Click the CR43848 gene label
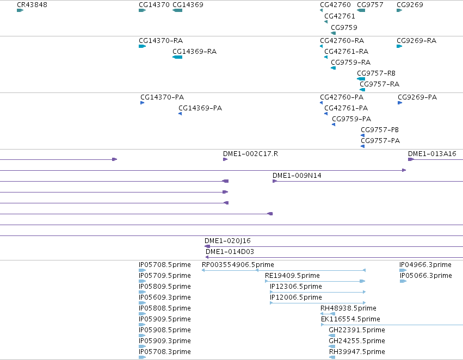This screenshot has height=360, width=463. (x=32, y=5)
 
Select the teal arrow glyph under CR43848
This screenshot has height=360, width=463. (x=20, y=10)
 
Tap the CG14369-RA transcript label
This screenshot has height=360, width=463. (x=194, y=51)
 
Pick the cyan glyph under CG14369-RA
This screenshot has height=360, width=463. (x=177, y=57)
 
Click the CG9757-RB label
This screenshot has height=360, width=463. (x=376, y=73)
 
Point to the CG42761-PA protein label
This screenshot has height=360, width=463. (x=346, y=108)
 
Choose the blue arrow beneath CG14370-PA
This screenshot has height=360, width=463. (x=143, y=103)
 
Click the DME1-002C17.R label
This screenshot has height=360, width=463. (x=250, y=154)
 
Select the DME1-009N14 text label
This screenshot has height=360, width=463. (x=297, y=176)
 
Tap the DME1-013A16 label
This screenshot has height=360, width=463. (x=432, y=154)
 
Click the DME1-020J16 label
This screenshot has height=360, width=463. (x=227, y=241)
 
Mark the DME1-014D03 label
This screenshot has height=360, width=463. (x=230, y=252)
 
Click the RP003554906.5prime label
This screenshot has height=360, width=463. (x=238, y=265)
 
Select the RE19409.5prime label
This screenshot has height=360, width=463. (x=292, y=276)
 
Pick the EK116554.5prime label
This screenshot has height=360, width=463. (x=350, y=319)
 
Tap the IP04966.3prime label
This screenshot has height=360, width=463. (x=425, y=265)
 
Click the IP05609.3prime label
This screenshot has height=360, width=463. (x=165, y=297)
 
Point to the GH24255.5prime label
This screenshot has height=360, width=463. (x=357, y=341)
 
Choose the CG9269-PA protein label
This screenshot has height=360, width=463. (x=417, y=97)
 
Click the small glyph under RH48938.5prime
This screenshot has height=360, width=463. (x=328, y=314)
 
